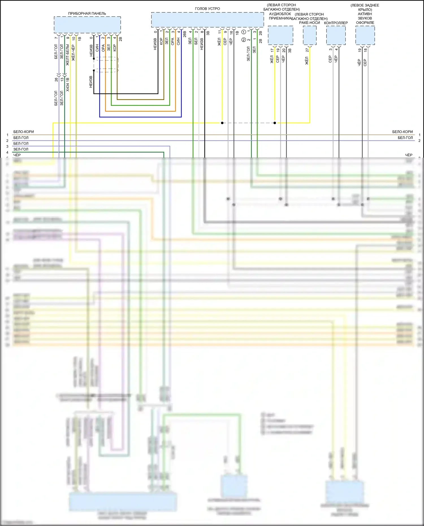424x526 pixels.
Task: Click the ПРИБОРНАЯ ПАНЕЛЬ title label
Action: pyautogui.click(x=87, y=13)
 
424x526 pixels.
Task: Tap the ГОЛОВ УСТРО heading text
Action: pyautogui.click(x=207, y=8)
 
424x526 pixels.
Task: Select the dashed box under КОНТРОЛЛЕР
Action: pyautogui.click(x=336, y=35)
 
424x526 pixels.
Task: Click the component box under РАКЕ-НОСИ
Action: pyautogui.click(x=310, y=35)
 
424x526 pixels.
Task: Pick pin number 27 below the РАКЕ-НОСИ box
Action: pyautogui.click(x=307, y=50)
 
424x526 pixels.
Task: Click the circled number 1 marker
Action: pyautogui.click(x=244, y=32)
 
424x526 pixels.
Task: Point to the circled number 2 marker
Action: pyautogui.click(x=244, y=40)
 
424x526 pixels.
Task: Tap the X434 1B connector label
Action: pyautogui.click(x=68, y=85)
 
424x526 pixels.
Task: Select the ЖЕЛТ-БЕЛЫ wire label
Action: pyautogui.click(x=68, y=55)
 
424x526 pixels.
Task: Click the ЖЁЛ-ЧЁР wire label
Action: pyautogui.click(x=73, y=53)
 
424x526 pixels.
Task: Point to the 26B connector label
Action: pyautogui.click(x=185, y=34)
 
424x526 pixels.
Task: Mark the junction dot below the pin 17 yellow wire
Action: pyautogui.click(x=275, y=123)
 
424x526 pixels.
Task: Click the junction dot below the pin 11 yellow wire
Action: pyautogui.click(x=222, y=123)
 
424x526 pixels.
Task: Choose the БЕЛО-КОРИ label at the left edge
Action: pyautogui.click(x=23, y=132)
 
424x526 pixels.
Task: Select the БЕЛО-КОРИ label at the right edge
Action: pyautogui.click(x=402, y=132)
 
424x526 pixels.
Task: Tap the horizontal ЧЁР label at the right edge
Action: pyautogui.click(x=409, y=155)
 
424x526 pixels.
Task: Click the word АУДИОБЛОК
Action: pyautogui.click(x=280, y=14)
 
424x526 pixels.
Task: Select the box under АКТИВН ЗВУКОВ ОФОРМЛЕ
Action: pyautogui.click(x=365, y=35)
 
